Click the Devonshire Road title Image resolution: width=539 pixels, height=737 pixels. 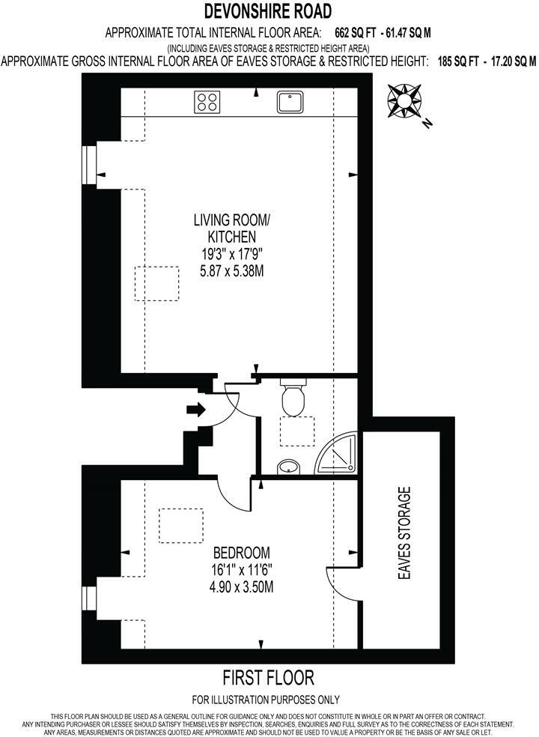click(269, 11)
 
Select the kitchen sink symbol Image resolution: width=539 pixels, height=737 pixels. click(287, 101)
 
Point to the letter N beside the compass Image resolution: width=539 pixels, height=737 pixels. click(426, 124)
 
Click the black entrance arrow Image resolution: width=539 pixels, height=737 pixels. click(195, 410)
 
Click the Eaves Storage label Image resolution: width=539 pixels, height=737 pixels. click(406, 535)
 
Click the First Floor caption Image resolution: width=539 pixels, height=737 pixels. click(269, 679)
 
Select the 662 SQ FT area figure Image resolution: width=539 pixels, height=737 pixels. click(353, 32)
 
